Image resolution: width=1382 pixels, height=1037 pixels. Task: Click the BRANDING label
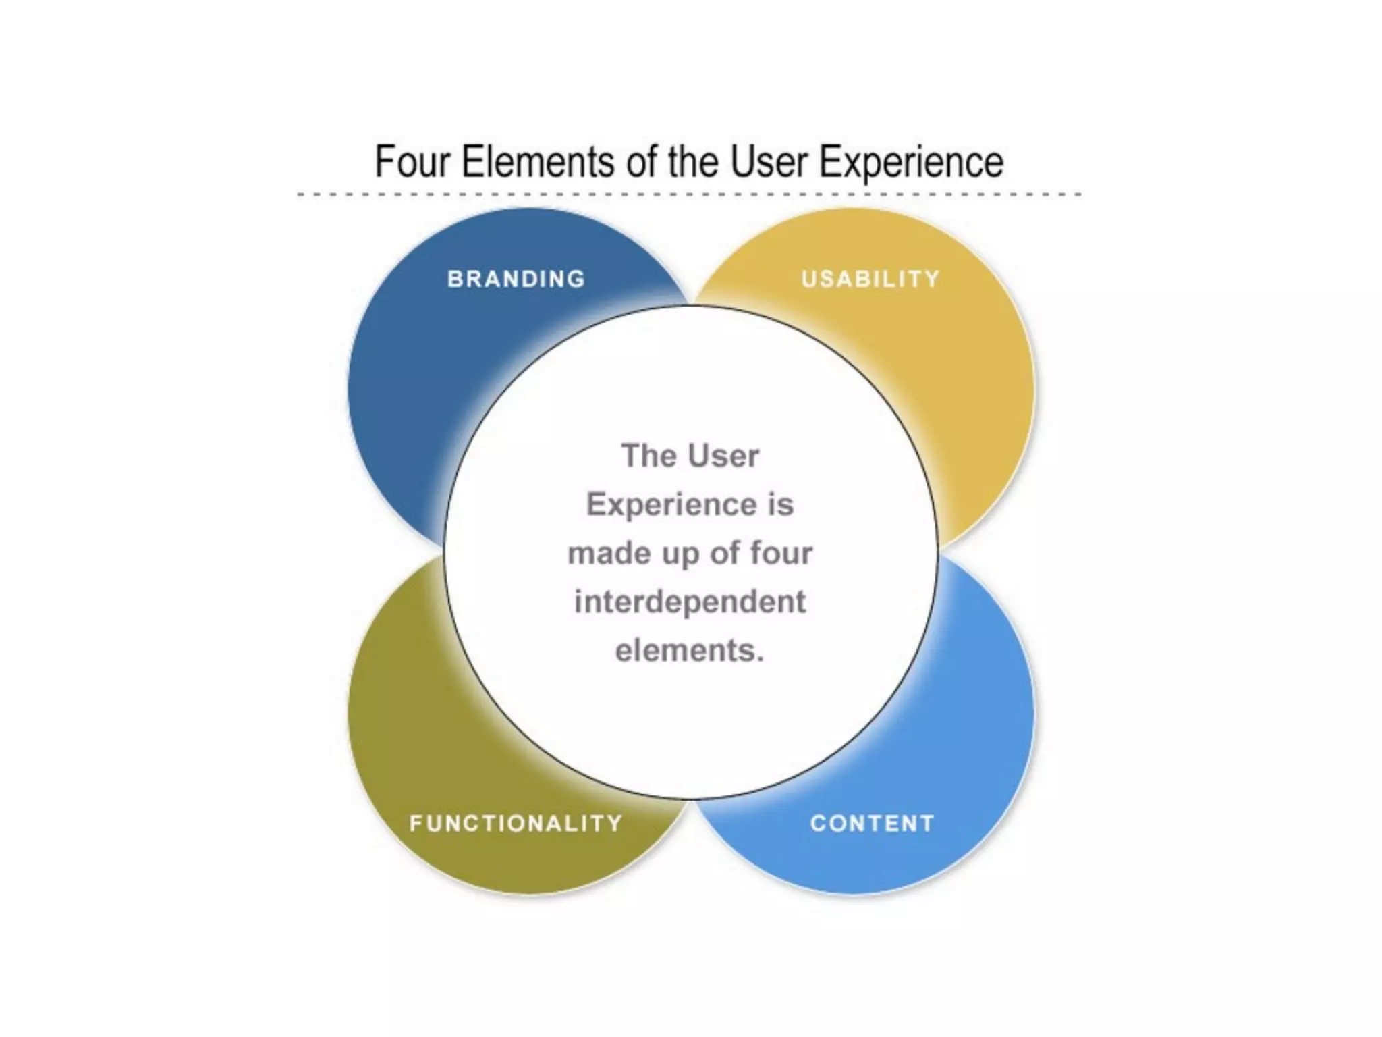516,279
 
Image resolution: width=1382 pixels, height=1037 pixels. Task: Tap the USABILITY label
870,279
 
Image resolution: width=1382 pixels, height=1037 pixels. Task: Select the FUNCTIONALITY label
516,823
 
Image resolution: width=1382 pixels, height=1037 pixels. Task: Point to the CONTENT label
872,823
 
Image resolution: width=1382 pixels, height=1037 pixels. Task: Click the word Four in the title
412,162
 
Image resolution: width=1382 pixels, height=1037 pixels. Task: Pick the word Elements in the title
538,162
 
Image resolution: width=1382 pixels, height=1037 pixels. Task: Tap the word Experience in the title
911,162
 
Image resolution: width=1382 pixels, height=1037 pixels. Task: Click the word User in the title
769,162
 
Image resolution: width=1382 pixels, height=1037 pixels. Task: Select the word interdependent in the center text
690,602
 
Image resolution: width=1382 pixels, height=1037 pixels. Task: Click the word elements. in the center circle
690,650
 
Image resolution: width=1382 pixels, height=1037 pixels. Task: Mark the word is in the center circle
781,504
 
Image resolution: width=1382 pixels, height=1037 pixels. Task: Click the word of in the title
641,162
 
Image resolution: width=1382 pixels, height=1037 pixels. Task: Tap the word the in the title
693,162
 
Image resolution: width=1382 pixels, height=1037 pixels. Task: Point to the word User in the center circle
723,456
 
